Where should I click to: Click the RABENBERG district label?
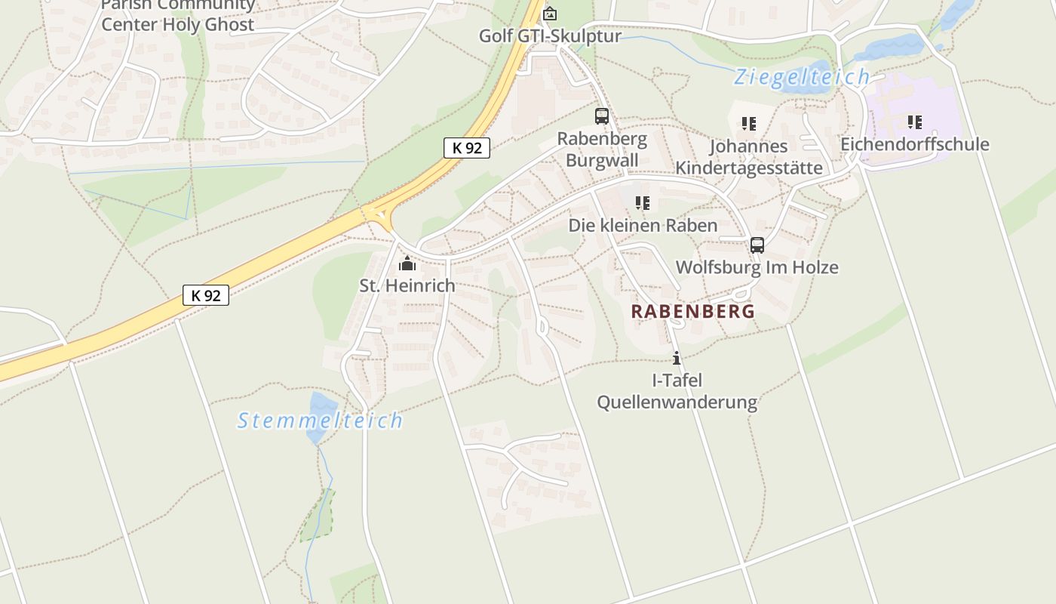(692, 311)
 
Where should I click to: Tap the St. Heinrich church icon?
(407, 263)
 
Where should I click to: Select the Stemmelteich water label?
(320, 421)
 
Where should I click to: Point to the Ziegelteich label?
(802, 77)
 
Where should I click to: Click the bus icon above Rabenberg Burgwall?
(601, 116)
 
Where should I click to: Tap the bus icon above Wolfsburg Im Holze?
(757, 245)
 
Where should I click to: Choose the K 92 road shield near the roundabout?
(467, 148)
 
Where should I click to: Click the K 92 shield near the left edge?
(205, 295)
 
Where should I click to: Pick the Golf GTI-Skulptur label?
(551, 35)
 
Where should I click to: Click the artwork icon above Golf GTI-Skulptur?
(551, 14)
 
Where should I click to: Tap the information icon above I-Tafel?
(677, 358)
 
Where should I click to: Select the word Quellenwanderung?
(677, 402)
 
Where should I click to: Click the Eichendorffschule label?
(914, 144)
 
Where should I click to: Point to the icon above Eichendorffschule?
(914, 122)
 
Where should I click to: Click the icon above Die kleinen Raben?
(642, 202)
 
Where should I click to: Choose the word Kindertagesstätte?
(748, 167)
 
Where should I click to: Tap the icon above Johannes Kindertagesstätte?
(748, 123)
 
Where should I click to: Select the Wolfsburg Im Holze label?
(757, 267)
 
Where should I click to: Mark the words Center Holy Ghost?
(178, 24)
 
